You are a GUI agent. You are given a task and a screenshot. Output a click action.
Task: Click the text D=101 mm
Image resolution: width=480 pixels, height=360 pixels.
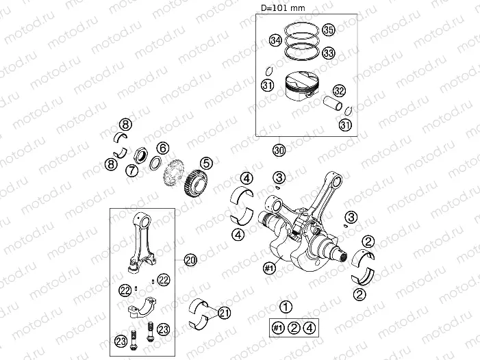(283, 8)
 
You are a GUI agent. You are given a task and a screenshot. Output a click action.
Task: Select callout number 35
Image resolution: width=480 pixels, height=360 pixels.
(329, 30)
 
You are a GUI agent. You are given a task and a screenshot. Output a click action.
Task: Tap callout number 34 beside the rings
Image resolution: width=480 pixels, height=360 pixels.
(276, 40)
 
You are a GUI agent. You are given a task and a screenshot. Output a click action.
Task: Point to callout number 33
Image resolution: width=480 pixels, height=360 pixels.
(329, 53)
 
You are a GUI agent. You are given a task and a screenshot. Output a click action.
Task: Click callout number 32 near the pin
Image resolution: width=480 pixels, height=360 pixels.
(339, 90)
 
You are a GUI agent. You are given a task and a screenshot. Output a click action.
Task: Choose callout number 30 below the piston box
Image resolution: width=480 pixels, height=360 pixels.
(279, 150)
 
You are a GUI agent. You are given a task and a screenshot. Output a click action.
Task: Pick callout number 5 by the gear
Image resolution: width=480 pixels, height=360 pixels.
(207, 164)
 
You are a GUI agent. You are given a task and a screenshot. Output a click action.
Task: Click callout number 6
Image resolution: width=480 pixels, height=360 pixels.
(163, 148)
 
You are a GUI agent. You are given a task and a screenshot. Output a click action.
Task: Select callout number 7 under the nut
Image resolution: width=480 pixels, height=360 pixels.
(132, 170)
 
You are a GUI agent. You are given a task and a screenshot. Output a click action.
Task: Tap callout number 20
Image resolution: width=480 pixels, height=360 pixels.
(190, 260)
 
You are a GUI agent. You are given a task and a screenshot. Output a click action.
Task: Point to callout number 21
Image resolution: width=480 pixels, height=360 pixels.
(225, 313)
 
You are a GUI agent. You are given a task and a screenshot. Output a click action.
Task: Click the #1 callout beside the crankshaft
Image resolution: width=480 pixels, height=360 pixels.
(269, 268)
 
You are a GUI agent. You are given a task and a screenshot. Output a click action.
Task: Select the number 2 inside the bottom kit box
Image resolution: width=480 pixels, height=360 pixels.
(294, 329)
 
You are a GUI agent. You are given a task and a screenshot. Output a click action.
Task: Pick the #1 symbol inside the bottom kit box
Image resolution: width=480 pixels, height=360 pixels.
(278, 329)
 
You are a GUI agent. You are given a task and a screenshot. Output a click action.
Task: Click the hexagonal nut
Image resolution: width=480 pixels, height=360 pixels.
(141, 155)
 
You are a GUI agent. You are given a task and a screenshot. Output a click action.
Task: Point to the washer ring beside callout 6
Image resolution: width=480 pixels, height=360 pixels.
(156, 163)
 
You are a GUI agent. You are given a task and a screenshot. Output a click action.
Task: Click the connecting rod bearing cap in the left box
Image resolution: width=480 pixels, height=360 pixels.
(142, 307)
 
